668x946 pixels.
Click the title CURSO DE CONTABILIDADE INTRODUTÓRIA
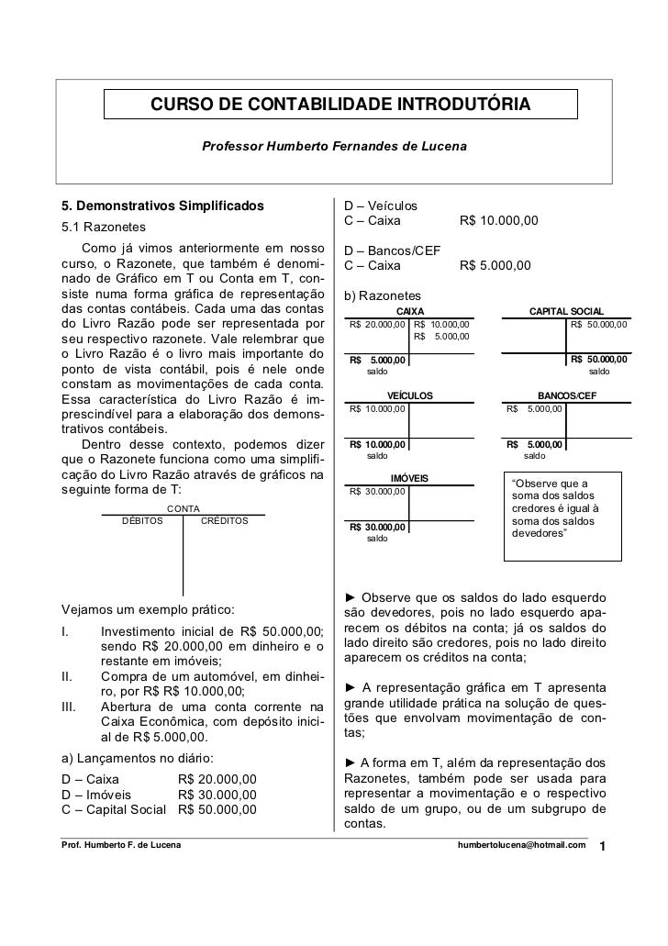(x=340, y=106)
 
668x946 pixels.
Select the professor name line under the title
(x=334, y=147)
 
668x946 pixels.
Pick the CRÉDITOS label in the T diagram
(x=224, y=521)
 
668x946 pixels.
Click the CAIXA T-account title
(x=410, y=312)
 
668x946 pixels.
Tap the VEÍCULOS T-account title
(x=410, y=395)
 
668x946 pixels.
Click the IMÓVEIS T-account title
(x=410, y=478)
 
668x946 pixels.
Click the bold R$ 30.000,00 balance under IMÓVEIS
(x=376, y=527)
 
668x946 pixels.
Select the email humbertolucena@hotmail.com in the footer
(x=520, y=844)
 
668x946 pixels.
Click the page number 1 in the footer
(x=602, y=845)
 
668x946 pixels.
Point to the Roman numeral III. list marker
(x=68, y=707)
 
